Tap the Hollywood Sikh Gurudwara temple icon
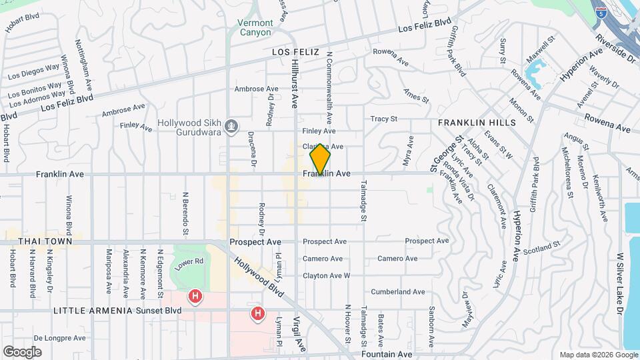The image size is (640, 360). click(231, 125)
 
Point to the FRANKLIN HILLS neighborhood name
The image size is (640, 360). click(477, 123)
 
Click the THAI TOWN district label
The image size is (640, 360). click(27, 240)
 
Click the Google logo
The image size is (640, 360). click(22, 351)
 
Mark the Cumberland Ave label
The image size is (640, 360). click(397, 292)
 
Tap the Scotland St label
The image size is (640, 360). click(541, 248)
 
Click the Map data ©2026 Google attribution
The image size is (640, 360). click(597, 355)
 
